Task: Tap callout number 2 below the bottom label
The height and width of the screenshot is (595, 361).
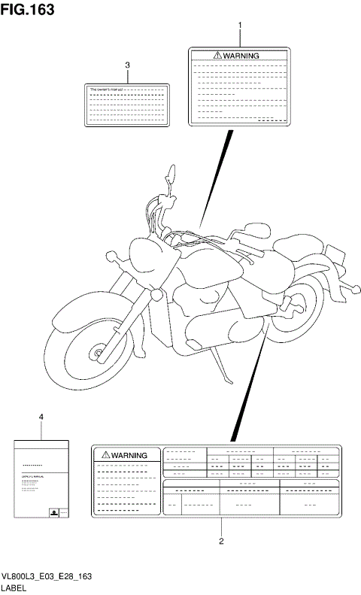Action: [x=222, y=540]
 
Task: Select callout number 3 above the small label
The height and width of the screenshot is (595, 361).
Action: [x=128, y=65]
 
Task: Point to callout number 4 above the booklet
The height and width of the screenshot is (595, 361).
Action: [x=41, y=416]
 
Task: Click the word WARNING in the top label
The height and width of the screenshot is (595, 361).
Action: [x=241, y=55]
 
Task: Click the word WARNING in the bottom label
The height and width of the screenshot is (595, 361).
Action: [x=129, y=455]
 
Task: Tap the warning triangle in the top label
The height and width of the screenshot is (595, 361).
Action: [x=218, y=55]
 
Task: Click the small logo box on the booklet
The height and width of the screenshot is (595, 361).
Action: [x=54, y=511]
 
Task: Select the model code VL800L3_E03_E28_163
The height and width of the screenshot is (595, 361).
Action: [x=47, y=576]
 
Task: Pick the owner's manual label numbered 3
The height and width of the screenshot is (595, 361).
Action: [x=129, y=103]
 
